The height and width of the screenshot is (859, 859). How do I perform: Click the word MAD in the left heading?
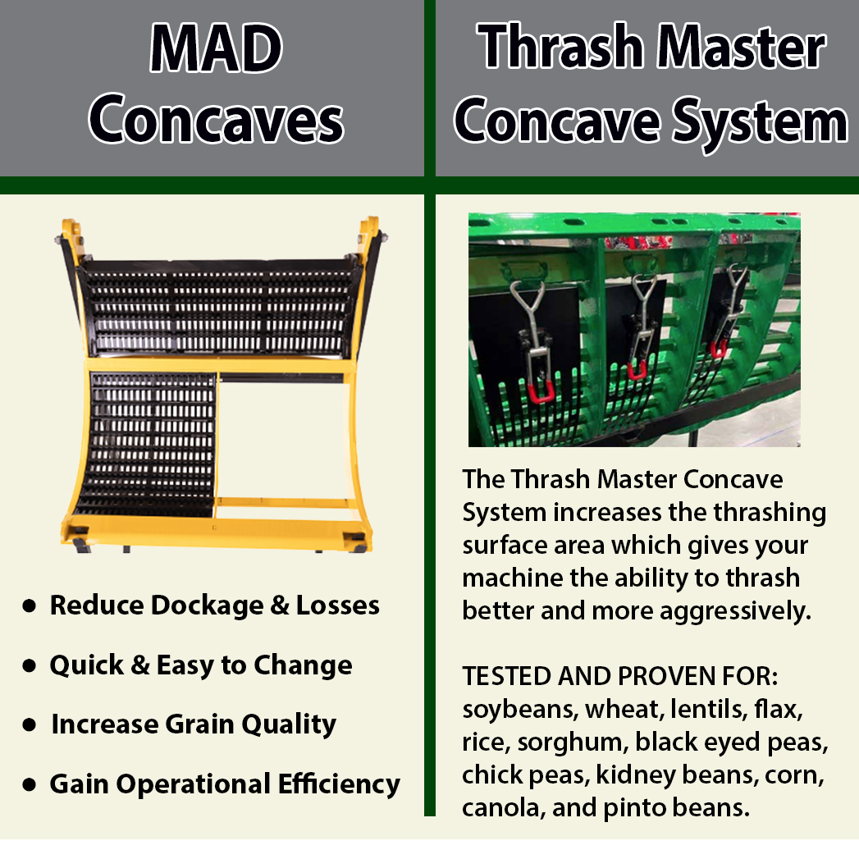click(x=216, y=51)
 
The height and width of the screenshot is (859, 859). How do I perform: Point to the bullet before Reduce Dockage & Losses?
click(x=30, y=606)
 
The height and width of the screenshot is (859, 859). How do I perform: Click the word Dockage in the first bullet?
click(x=190, y=605)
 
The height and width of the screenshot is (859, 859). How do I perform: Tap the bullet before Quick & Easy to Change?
click(x=30, y=665)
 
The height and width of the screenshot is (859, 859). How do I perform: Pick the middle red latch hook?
click(x=637, y=368)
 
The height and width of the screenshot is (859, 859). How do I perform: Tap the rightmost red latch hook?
click(x=719, y=348)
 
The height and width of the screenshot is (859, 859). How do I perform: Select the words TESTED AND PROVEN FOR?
click(x=619, y=677)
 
